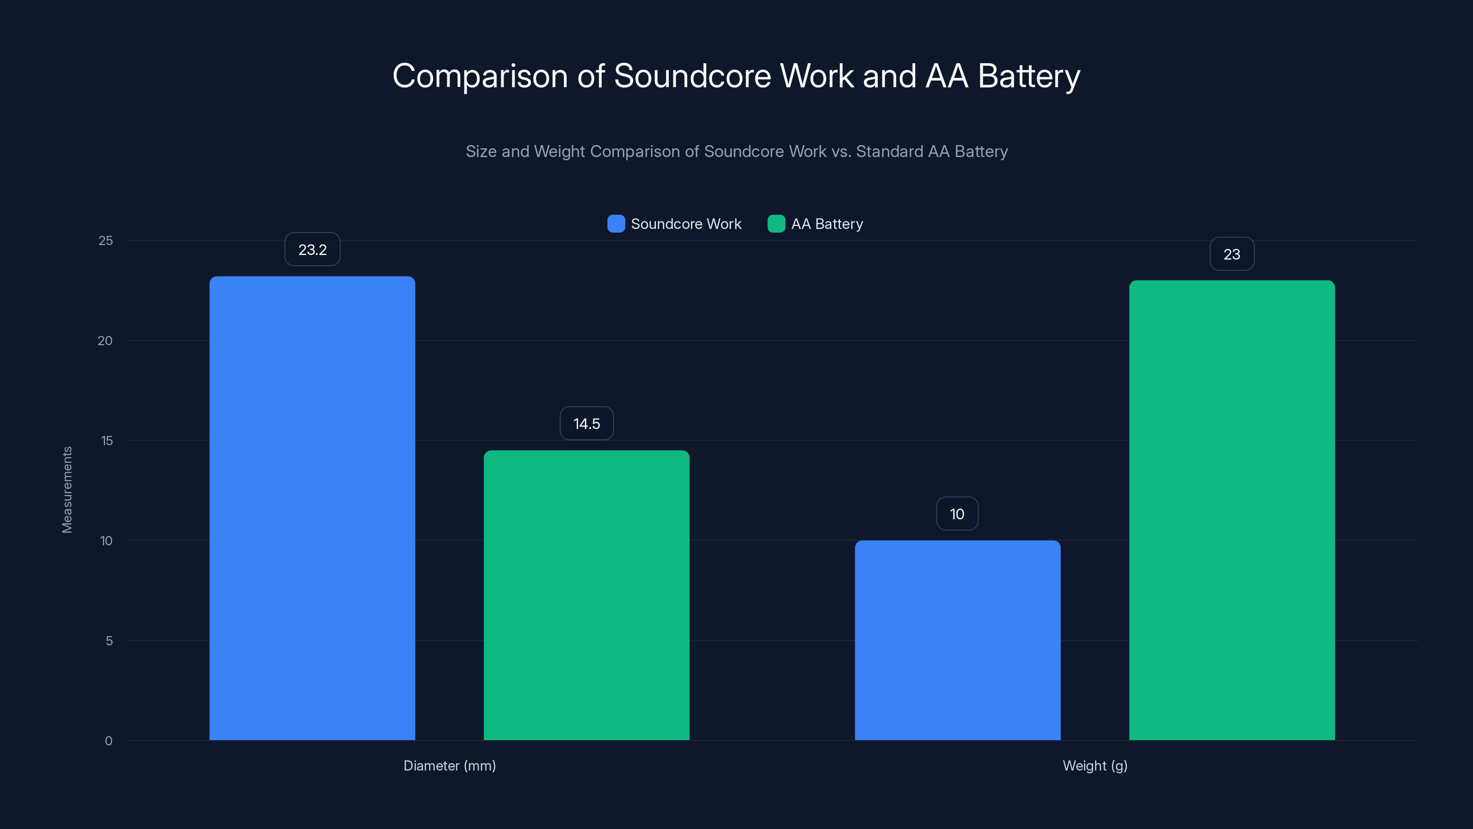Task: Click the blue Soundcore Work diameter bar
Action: coord(312,508)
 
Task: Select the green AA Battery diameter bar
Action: coord(587,595)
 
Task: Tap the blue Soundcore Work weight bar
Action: coord(957,640)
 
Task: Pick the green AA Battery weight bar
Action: coord(1232,510)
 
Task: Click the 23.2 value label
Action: coord(312,250)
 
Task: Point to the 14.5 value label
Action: coord(587,423)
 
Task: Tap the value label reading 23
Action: coord(1232,254)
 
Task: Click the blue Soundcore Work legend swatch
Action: coord(616,224)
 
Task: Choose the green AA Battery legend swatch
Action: coord(776,224)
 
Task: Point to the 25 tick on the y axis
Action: coord(106,240)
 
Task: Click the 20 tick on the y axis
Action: coord(105,340)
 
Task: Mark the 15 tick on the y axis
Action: coord(106,441)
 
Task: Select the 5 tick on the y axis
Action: coord(109,641)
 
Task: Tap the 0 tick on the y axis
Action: coord(109,741)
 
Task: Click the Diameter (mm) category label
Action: coord(449,765)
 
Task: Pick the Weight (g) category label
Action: coord(1095,765)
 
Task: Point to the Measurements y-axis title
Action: coord(67,490)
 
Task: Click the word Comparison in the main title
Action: coord(480,76)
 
